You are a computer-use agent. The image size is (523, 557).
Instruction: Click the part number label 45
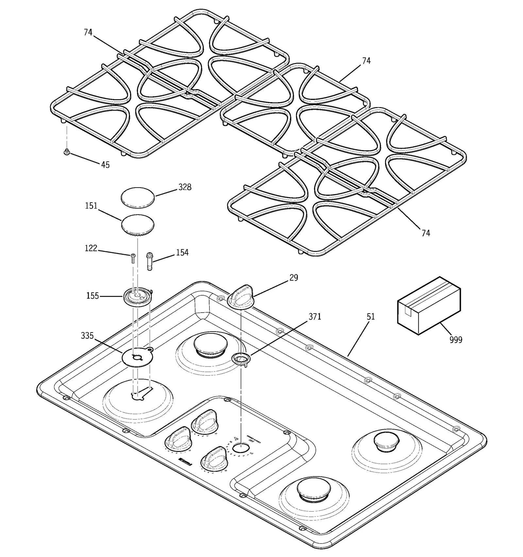[x=105, y=165]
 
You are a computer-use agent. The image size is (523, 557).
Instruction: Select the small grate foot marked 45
[x=67, y=152]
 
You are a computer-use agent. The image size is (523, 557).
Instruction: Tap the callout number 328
[x=185, y=187]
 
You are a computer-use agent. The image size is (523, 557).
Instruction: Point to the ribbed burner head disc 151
[x=138, y=225]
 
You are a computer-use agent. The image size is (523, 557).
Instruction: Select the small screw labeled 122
[x=133, y=258]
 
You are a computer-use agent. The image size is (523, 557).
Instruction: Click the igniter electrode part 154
[x=150, y=261]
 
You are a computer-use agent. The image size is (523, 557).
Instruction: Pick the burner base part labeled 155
[x=137, y=296]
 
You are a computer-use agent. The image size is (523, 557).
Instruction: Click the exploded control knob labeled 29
[x=241, y=296]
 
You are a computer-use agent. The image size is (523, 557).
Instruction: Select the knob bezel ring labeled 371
[x=241, y=360]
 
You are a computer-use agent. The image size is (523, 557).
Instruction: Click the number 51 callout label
[x=371, y=317]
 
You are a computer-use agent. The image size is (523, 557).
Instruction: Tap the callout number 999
[x=456, y=340]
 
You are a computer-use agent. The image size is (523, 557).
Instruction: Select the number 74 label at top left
[x=88, y=32]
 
